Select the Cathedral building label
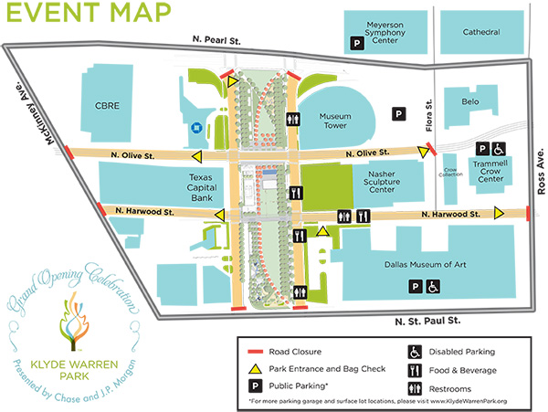click(480, 32)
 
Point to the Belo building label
click(470, 101)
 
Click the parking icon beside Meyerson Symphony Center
click(358, 41)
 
